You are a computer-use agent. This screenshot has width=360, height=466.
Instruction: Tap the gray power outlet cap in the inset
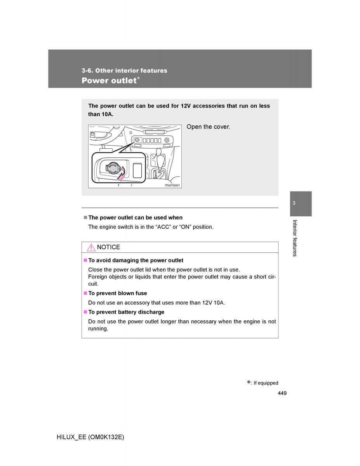(112, 168)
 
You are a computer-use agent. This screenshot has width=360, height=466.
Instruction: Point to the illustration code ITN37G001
(172, 185)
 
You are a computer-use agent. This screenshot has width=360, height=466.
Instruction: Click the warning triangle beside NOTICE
(91, 247)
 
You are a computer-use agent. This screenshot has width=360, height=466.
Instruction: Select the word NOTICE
(108, 247)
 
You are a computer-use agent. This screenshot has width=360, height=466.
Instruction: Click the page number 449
(282, 393)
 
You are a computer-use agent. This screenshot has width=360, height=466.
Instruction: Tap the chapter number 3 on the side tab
(294, 203)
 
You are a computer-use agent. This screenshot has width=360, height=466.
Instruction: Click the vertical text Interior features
(295, 238)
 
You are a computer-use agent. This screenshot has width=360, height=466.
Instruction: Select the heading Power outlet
(109, 81)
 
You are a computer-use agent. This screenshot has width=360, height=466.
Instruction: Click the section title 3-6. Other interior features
(124, 71)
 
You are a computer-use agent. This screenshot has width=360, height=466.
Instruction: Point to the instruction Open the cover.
(208, 127)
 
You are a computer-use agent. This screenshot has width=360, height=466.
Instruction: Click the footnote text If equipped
(266, 383)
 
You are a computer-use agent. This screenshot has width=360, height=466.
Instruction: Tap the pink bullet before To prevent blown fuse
(85, 293)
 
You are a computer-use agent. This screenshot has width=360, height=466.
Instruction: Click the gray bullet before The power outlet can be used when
(85, 217)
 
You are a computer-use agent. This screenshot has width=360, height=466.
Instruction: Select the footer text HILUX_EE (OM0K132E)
(90, 437)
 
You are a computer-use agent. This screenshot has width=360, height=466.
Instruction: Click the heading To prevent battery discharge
(126, 312)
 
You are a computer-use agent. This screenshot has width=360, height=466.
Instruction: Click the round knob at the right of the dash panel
(167, 140)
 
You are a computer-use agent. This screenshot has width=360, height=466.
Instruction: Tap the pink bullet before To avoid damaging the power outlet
(85, 260)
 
